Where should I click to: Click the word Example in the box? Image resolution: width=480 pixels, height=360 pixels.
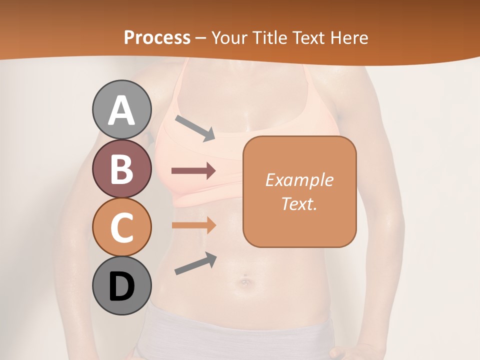[299, 180]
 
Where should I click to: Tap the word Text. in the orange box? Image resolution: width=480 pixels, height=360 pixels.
[299, 203]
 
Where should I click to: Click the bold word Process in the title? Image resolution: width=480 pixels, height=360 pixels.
[157, 37]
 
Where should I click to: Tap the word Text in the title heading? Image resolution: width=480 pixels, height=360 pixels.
[309, 37]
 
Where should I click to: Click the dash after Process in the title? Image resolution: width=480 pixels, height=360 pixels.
[201, 38]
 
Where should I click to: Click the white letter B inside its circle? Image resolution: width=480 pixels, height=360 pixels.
[121, 169]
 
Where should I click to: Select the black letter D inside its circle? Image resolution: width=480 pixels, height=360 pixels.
[121, 286]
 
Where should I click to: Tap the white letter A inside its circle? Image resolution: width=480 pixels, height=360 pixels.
[121, 111]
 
